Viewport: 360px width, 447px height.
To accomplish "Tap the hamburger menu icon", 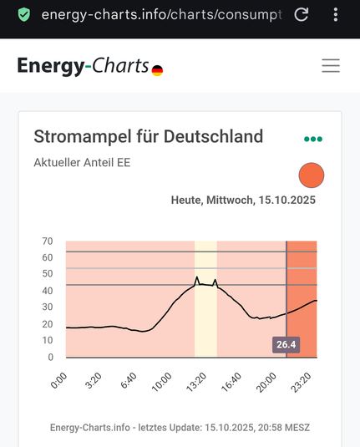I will (331, 66).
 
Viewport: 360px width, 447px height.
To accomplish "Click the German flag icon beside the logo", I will (157, 71).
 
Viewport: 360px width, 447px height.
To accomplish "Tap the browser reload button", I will (302, 15).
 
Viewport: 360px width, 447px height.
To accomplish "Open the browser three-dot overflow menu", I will (336, 15).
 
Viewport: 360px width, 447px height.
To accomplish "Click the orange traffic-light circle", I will (311, 175).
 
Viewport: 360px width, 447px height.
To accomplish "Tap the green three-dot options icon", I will (313, 139).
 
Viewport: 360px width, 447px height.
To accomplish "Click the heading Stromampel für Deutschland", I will (148, 136).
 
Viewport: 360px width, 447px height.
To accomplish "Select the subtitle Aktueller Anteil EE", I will (82, 162).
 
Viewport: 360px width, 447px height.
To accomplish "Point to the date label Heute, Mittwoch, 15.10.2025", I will (243, 201).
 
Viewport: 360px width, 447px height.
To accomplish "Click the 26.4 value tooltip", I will (286, 344).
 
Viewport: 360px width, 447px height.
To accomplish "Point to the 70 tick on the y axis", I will (48, 241).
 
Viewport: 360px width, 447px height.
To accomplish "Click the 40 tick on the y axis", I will (48, 291).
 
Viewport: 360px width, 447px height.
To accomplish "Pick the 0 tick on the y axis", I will (50, 358).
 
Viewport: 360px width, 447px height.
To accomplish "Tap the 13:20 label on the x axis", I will (196, 381).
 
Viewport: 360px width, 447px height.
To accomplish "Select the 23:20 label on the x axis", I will (302, 381).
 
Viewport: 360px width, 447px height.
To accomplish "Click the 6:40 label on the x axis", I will (128, 381).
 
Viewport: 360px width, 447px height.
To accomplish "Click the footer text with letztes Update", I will (180, 428).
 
